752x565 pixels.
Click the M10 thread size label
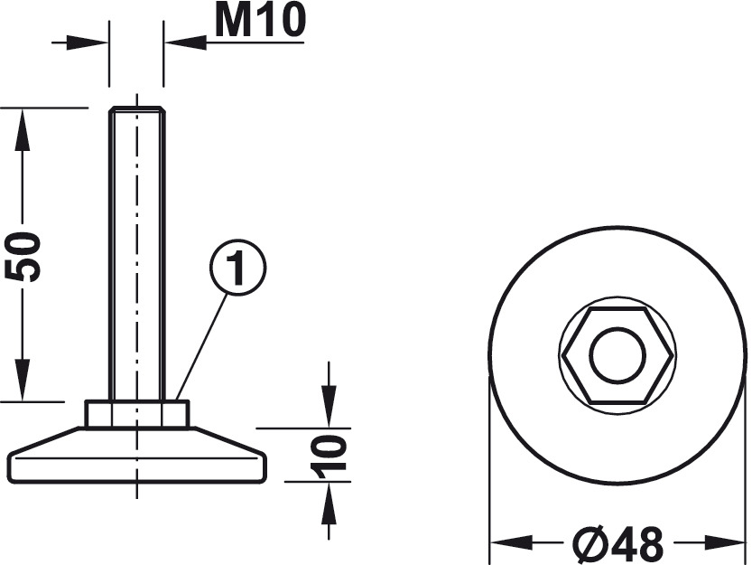[260, 22]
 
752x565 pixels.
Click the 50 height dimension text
[23, 257]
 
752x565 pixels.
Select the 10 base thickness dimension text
[329, 455]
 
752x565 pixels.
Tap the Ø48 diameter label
[618, 544]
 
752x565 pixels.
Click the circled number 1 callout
[238, 268]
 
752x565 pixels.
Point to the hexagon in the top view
[617, 355]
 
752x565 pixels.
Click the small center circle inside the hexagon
[617, 355]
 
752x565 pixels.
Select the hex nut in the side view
[137, 414]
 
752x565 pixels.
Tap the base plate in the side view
[137, 455]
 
